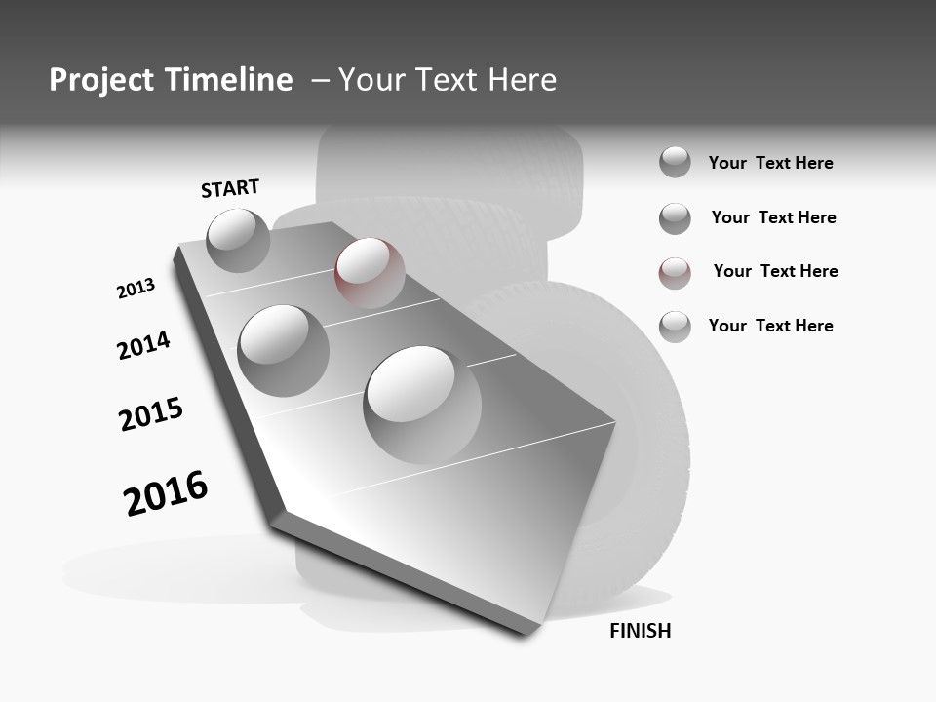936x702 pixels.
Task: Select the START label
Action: (x=230, y=188)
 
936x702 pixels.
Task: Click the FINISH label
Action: (x=640, y=631)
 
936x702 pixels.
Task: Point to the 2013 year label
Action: (x=136, y=289)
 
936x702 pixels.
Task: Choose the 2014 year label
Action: (x=143, y=345)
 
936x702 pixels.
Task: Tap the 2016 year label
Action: (x=166, y=493)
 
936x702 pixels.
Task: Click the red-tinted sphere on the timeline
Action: (x=370, y=272)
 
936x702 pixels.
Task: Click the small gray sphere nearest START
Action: (x=238, y=240)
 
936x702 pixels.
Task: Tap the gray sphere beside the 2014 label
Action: (x=283, y=350)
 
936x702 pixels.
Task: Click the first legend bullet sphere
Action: (x=675, y=162)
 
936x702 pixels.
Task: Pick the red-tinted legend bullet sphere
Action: (x=675, y=273)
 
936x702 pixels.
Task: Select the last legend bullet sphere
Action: (x=675, y=327)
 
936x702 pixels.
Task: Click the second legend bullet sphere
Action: (x=675, y=218)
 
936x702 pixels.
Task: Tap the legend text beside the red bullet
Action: (x=775, y=271)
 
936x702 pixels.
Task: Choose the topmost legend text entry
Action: (x=770, y=163)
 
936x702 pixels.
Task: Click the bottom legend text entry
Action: (x=770, y=326)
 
